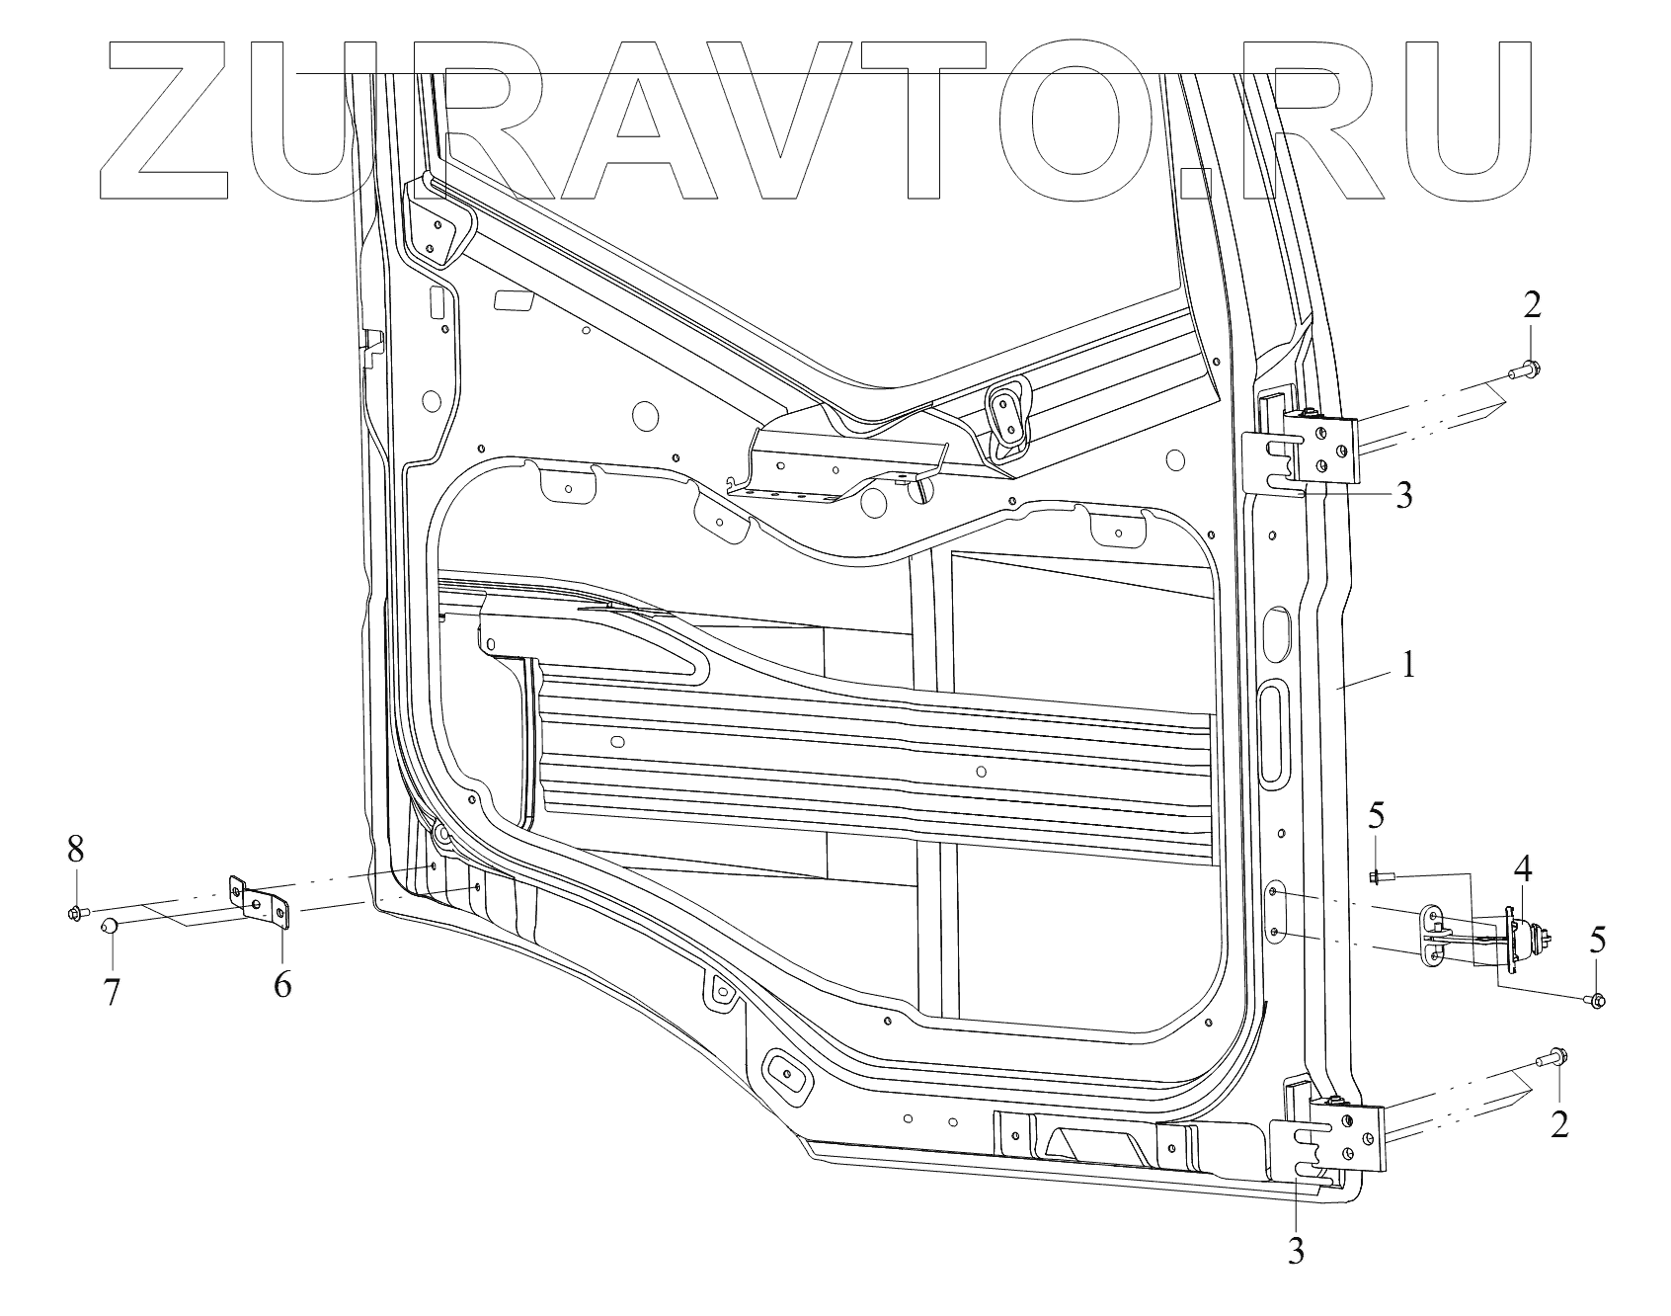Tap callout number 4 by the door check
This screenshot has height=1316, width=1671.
point(1522,870)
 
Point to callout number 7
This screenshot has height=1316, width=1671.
point(113,991)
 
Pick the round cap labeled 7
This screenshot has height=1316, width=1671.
point(111,927)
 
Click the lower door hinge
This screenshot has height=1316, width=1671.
point(1328,1137)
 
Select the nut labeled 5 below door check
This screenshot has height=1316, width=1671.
point(1599,1001)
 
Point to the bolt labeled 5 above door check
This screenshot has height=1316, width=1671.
point(1380,875)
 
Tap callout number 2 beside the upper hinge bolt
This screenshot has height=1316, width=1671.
point(1531,306)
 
